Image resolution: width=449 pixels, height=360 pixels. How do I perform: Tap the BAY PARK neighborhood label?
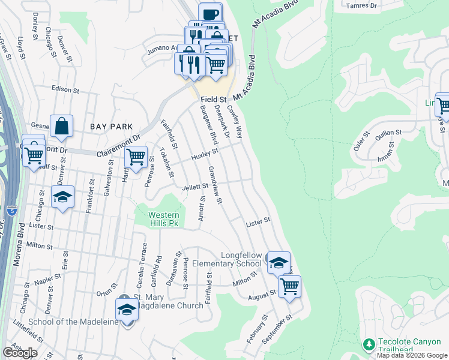[109, 127]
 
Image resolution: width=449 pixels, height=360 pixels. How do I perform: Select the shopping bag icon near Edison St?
[62, 126]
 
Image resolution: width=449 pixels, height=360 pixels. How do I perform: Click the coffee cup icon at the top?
[210, 14]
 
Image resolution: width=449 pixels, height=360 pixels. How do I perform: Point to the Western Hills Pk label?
[164, 218]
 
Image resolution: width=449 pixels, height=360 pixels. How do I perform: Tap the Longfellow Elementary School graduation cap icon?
[279, 263]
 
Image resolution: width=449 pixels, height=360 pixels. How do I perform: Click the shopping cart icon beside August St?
[289, 286]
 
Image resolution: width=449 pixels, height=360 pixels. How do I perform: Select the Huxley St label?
[205, 154]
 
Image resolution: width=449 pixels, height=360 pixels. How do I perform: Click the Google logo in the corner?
[20, 352]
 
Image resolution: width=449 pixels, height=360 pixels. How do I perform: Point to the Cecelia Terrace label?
[143, 262]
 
